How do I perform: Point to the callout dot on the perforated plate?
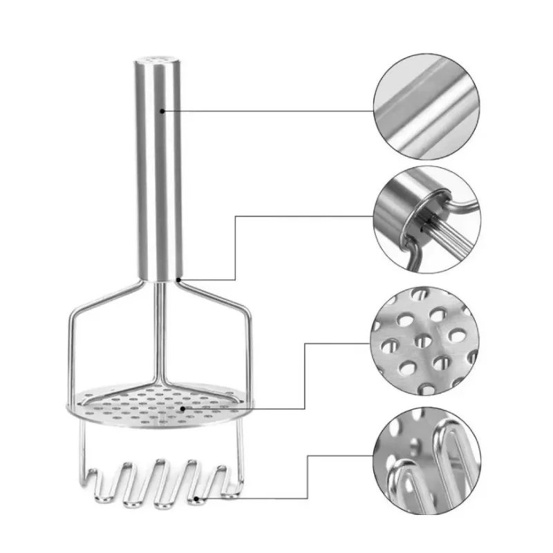183,409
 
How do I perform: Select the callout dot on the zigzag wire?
197,498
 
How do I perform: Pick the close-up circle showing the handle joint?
427,221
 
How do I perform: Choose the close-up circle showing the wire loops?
427,457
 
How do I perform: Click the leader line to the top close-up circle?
276,111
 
